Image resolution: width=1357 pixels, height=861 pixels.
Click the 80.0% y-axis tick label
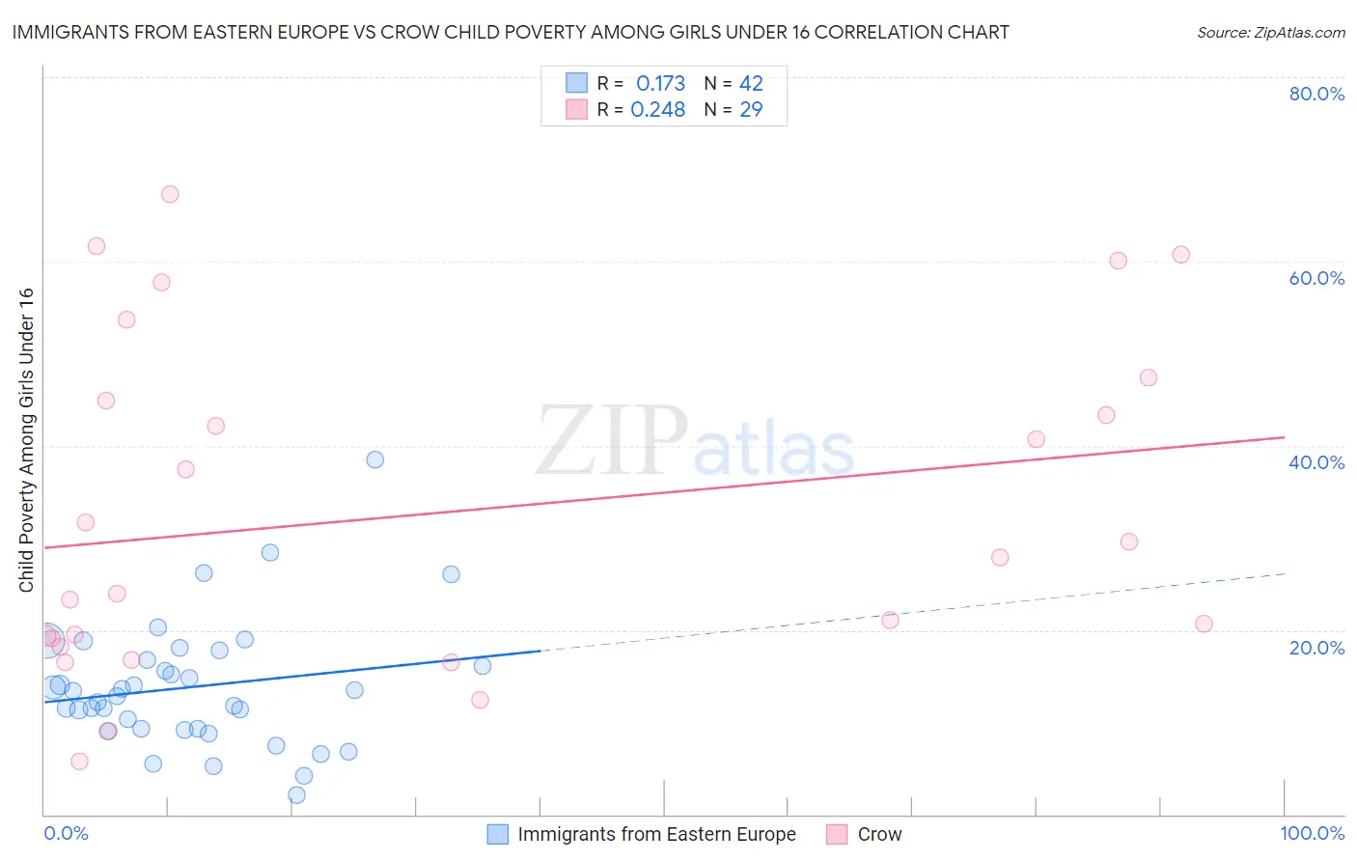tap(1316, 94)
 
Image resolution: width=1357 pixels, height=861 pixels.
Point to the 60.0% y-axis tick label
tap(1316, 278)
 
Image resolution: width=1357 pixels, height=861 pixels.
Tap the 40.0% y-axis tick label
tap(1316, 462)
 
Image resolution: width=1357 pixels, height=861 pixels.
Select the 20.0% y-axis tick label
tap(1316, 647)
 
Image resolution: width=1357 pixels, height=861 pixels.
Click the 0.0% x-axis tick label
tap(66, 833)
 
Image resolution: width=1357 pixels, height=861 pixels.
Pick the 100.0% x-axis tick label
tap(1312, 833)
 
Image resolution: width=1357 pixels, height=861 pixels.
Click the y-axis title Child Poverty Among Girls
tap(26, 440)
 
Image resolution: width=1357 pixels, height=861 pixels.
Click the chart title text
tap(511, 32)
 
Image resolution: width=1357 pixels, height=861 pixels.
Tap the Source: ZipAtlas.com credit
tap(1270, 33)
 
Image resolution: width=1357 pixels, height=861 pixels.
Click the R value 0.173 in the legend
tap(660, 84)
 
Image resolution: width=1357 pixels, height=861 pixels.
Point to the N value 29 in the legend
tap(751, 110)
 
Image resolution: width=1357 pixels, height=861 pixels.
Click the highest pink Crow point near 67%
tap(170, 194)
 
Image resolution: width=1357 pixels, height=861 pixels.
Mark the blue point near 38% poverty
tap(375, 459)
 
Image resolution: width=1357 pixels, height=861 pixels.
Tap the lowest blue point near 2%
tap(297, 795)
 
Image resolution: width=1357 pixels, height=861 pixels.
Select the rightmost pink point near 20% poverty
tap(1204, 624)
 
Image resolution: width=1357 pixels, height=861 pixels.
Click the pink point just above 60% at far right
tap(1180, 255)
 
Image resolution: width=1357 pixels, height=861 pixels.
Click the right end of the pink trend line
tap(1284, 437)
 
